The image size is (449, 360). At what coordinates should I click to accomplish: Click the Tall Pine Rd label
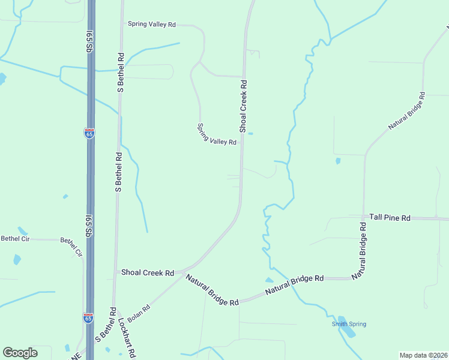click(390, 218)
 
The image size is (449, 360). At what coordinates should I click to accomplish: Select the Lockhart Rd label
click(128, 336)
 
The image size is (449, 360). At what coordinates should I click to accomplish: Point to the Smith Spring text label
click(349, 324)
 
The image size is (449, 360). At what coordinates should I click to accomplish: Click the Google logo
click(20, 353)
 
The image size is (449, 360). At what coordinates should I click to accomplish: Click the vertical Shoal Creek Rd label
click(243, 106)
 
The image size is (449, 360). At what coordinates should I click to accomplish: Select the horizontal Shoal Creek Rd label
click(148, 272)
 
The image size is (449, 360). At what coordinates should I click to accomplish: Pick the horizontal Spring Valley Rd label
click(151, 25)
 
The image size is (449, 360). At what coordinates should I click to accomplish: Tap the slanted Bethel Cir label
click(70, 247)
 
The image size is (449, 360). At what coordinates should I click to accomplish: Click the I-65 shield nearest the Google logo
click(88, 318)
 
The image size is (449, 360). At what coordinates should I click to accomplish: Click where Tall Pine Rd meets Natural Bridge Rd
click(364, 217)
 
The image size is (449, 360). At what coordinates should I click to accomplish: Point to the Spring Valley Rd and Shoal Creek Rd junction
click(242, 143)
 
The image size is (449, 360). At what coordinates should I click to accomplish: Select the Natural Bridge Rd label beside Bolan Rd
click(212, 290)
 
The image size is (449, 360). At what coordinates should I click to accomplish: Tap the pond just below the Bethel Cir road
click(17, 260)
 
